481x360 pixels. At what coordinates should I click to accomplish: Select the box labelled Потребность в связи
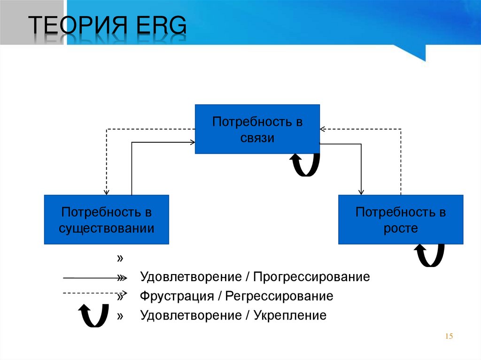point(257,130)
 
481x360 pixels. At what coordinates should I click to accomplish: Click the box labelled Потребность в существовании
point(106,220)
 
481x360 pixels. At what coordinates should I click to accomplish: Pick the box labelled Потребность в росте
point(400,220)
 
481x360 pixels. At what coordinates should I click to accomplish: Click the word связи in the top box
point(257,138)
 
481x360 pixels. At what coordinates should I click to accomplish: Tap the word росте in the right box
point(400,229)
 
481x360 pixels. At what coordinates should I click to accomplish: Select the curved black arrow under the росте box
point(429,254)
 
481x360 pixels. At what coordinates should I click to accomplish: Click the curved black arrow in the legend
point(92,314)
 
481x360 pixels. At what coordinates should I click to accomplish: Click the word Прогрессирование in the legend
point(311,277)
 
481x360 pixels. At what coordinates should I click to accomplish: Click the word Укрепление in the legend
point(290,315)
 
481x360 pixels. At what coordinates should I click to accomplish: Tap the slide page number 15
point(448,336)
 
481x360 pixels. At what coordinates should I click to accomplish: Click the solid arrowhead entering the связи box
point(193,140)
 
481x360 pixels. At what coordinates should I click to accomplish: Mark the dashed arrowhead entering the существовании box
point(107,191)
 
